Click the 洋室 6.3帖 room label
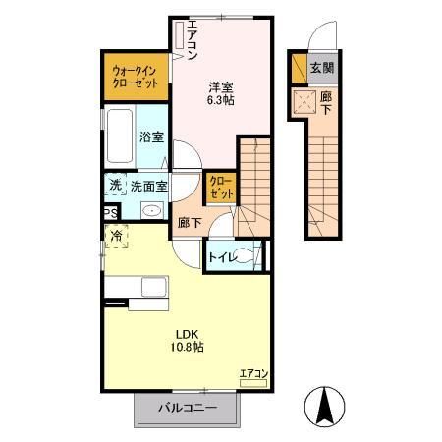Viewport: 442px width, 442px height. tap(220, 91)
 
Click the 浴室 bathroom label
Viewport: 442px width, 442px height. tap(150, 138)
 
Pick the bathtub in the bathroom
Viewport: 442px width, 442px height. tap(119, 138)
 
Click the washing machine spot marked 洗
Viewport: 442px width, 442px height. tap(115, 185)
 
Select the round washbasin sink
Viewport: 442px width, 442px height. tap(152, 211)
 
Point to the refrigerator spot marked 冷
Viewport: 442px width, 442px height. tap(117, 236)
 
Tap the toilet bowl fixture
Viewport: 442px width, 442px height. tap(250, 257)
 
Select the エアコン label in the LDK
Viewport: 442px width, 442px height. tap(252, 373)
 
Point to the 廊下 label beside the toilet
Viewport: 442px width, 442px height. tap(189, 223)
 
